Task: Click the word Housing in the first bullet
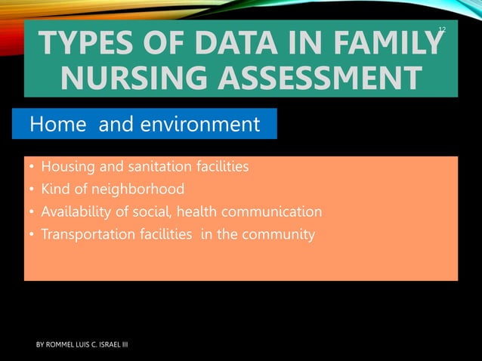click(x=67, y=166)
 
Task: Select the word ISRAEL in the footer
click(x=107, y=345)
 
